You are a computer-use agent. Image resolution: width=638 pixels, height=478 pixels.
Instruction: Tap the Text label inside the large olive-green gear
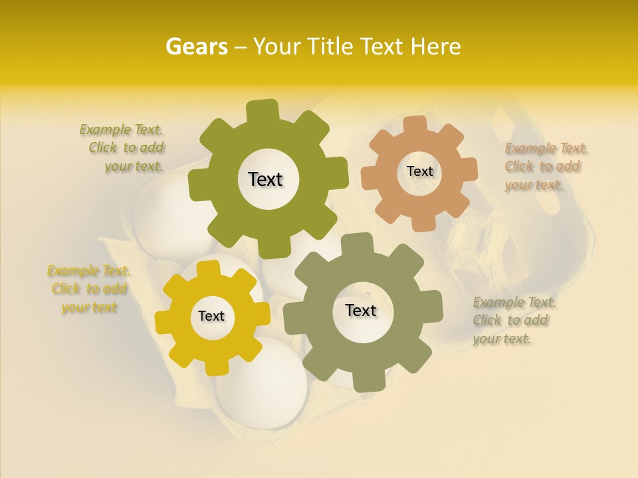pos(265,179)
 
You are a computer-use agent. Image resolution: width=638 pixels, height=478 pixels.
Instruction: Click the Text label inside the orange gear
pos(419,171)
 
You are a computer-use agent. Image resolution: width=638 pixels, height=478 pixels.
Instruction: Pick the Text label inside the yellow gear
pos(211,317)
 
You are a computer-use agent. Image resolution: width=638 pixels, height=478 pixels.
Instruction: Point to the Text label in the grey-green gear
pos(361,310)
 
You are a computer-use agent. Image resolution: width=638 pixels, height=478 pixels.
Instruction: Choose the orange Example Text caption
pos(545,167)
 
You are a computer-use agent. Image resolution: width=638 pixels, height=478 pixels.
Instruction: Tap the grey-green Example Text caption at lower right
pos(513,321)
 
